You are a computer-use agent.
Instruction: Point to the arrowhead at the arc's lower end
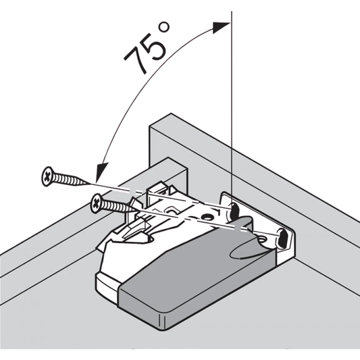pos(102,172)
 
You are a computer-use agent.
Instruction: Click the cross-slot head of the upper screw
pos(47,176)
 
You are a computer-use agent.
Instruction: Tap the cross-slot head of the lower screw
pos(97,203)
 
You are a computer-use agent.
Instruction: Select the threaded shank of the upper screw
pos(72,178)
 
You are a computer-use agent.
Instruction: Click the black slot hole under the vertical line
pos(234,210)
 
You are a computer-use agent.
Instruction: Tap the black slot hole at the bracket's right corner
pos(282,238)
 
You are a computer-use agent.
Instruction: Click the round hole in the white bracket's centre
pos(206,217)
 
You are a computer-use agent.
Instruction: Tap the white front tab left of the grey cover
pos(107,285)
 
